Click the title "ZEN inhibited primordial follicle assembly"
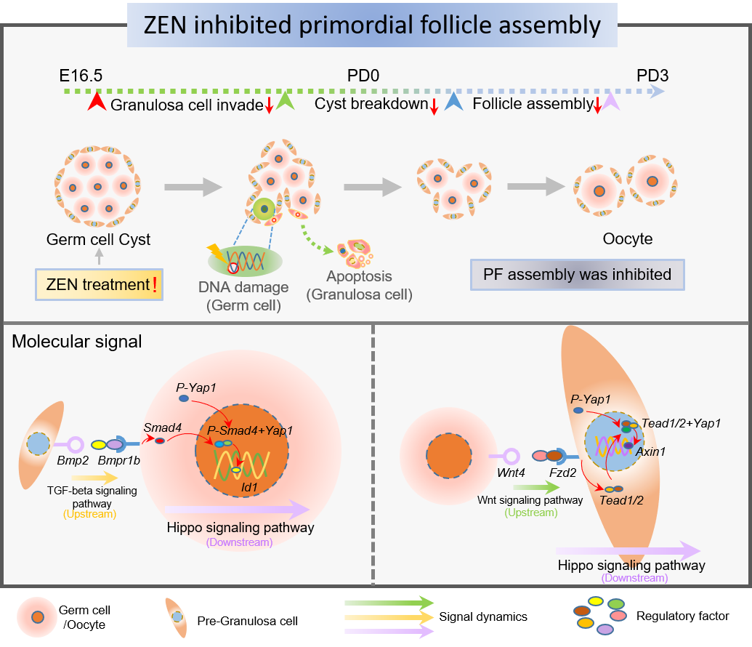point(372,25)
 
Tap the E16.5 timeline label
point(81,76)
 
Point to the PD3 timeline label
point(652,76)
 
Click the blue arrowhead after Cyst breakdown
point(453,103)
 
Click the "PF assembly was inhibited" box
point(578,276)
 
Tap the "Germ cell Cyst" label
point(99,239)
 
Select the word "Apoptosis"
point(359,276)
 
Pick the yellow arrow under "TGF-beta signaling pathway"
point(91,478)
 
